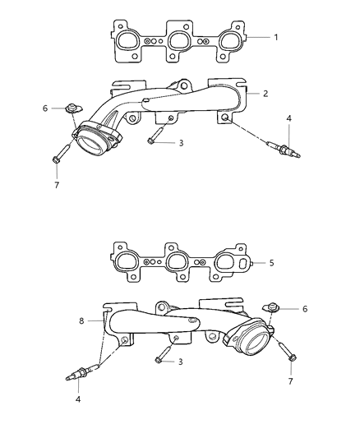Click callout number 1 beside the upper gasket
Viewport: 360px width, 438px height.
(x=276, y=38)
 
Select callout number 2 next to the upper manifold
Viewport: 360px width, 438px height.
(x=265, y=94)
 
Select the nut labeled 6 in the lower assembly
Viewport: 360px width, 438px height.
(x=269, y=308)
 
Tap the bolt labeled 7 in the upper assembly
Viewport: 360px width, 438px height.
(x=58, y=156)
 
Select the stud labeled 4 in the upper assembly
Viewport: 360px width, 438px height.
(x=283, y=150)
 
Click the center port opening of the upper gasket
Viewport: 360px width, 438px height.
(x=180, y=38)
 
